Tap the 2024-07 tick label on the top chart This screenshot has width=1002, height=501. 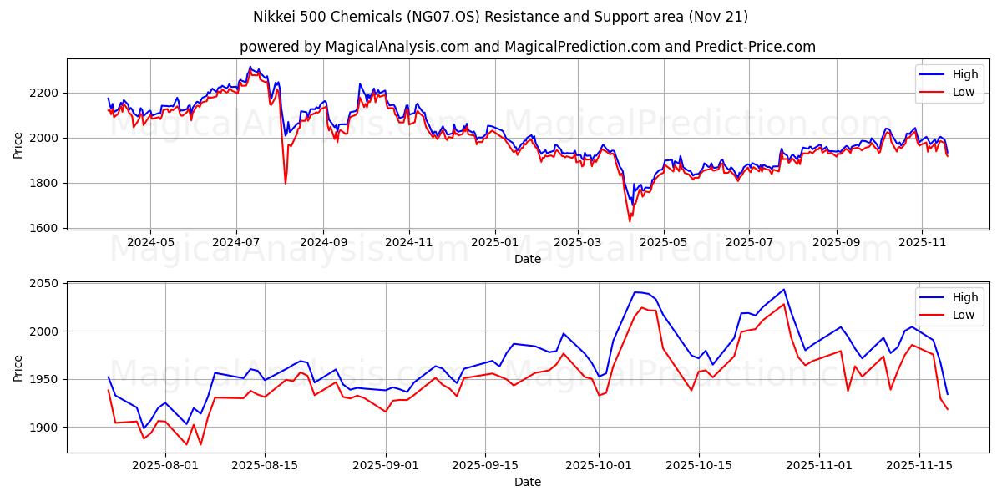coord(236,242)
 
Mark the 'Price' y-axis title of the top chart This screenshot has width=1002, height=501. coord(18,144)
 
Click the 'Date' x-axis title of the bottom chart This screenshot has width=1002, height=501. coord(527,482)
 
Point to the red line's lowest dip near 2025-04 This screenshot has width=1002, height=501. coord(630,221)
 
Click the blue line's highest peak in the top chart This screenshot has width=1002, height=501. coord(250,67)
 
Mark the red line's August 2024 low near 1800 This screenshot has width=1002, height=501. coord(286,183)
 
